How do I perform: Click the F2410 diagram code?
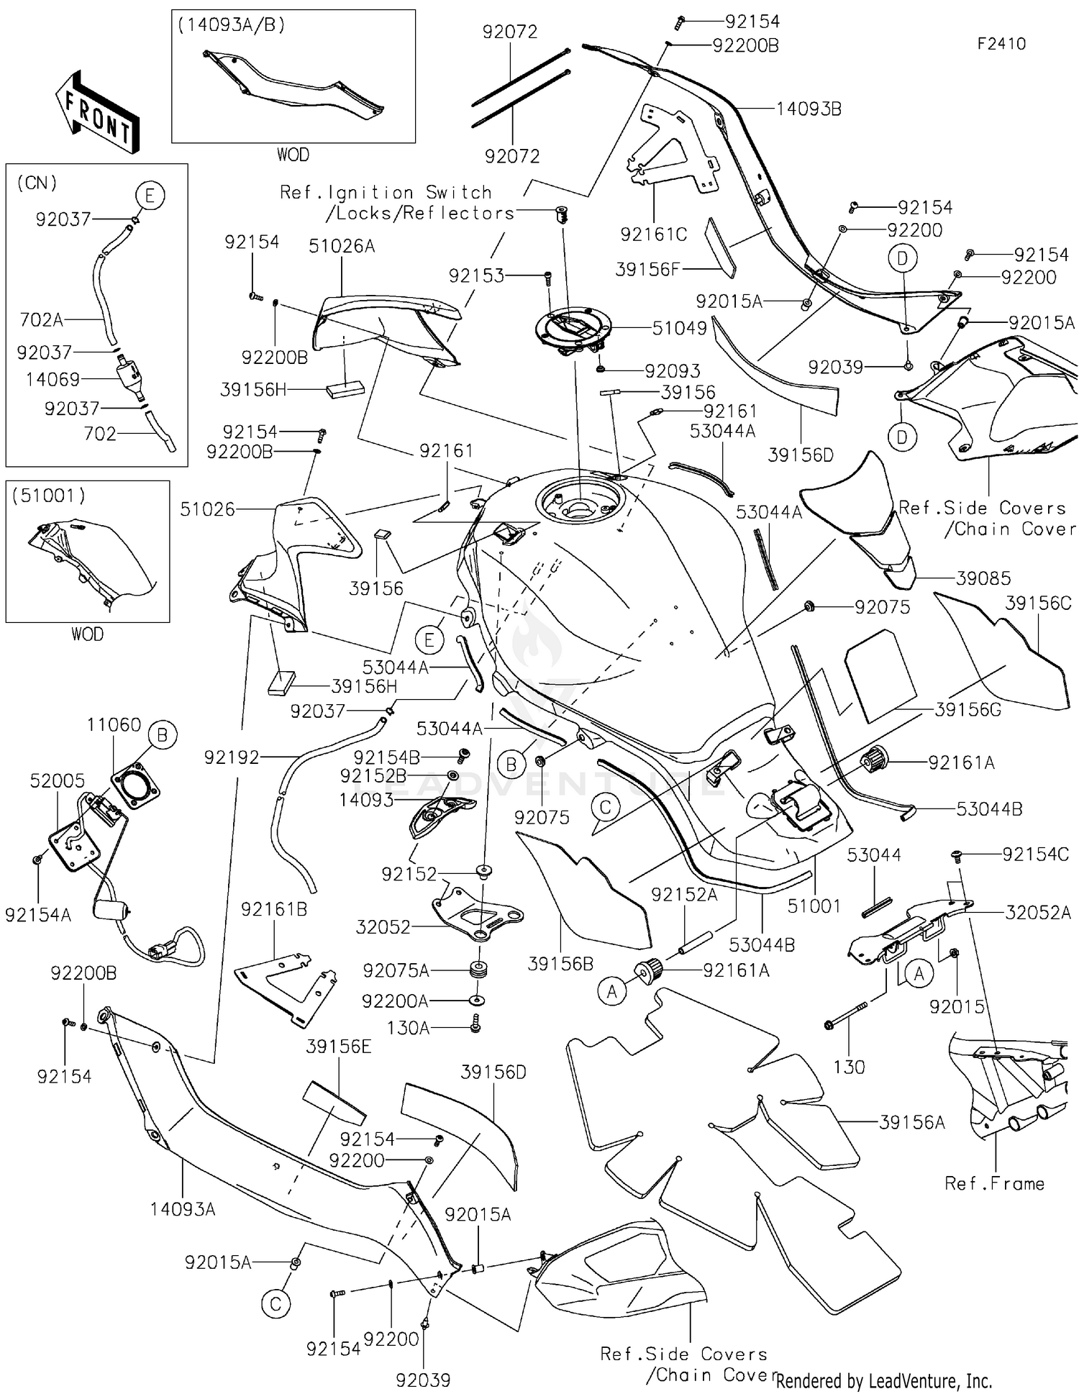point(1001,44)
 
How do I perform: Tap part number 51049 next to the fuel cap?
point(679,328)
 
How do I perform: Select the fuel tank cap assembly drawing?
point(572,332)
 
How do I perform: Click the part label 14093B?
point(809,109)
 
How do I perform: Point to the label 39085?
point(983,578)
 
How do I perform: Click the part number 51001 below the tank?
point(814,906)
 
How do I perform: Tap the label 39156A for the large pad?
point(911,1121)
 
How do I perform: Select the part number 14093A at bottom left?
point(183,1208)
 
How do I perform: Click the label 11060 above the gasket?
point(114,724)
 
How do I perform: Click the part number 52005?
point(57,780)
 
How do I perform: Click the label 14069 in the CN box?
point(53,379)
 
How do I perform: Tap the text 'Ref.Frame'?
point(994,1183)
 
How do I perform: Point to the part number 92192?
point(231,757)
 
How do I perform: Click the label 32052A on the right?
point(1038,912)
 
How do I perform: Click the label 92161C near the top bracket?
point(653,234)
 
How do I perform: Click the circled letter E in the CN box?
point(150,196)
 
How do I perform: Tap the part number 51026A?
point(342,246)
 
